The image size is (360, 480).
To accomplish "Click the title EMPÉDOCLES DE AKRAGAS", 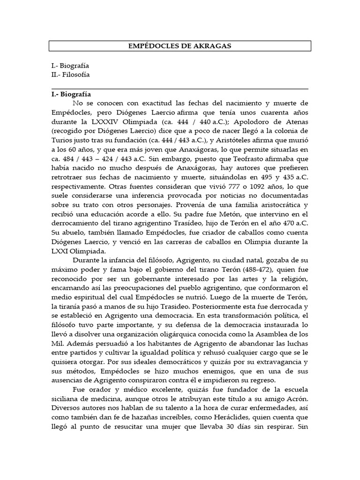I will [x=180, y=46].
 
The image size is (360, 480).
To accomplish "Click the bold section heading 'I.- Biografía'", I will [x=72, y=94].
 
